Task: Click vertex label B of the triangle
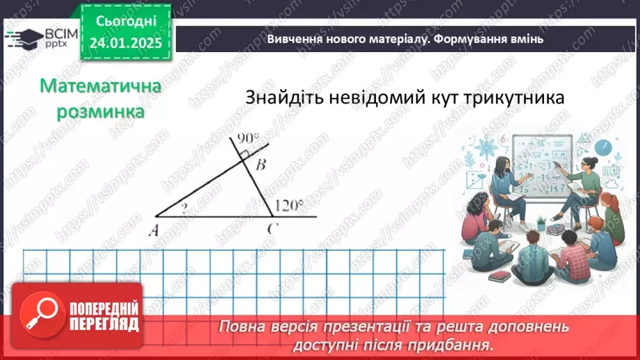pyautogui.click(x=260, y=165)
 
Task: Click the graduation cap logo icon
pyautogui.click(x=21, y=38)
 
